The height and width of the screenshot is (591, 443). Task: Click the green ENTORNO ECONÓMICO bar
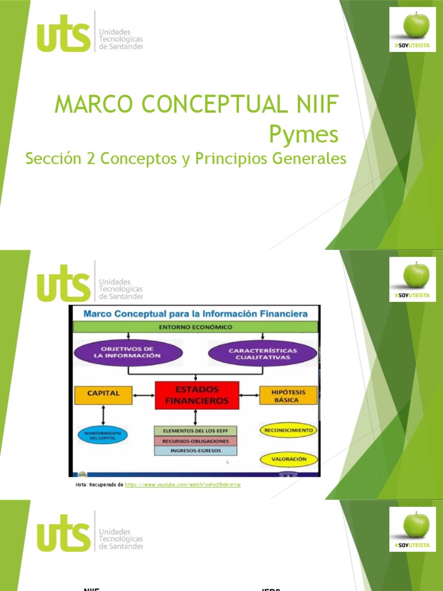pos(195,327)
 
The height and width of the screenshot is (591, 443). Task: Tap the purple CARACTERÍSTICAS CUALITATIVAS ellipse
pos(262,353)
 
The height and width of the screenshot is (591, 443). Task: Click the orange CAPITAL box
pos(103,394)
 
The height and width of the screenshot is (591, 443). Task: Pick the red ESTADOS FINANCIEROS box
pos(196,395)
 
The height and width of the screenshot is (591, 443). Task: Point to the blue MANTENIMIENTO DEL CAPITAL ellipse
pos(103,436)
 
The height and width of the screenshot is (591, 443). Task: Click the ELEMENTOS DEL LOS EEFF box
pos(196,431)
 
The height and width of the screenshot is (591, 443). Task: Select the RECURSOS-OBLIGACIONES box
pos(196,441)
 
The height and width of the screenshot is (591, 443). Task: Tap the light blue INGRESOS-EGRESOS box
pos(196,451)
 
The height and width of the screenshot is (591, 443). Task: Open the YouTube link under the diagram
pos(183,485)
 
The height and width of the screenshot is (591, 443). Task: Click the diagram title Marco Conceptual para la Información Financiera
pos(195,314)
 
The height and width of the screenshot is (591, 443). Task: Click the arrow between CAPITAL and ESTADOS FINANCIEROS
pos(144,395)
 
